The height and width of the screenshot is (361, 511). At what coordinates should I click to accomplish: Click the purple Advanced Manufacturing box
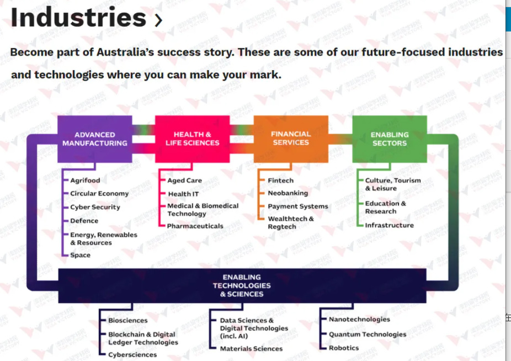point(95,139)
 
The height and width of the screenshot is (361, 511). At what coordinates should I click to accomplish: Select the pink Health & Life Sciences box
point(192,139)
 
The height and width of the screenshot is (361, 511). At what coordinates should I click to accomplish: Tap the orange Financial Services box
point(291,139)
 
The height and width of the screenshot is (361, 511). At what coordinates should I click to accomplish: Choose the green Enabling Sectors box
point(390,139)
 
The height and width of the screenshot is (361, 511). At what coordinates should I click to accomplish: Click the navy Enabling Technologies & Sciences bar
point(242,286)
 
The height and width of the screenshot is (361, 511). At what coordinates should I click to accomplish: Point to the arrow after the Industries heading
point(158,20)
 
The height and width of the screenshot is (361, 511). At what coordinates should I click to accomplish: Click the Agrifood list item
point(85,180)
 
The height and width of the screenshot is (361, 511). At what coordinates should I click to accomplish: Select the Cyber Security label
point(95,207)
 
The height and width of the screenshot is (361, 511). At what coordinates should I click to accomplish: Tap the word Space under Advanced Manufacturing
point(80,255)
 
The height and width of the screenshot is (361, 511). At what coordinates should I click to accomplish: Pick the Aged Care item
point(184,180)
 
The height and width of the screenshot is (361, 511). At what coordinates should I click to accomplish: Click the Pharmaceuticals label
point(195,226)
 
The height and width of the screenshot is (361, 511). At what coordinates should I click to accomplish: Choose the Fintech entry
point(280,180)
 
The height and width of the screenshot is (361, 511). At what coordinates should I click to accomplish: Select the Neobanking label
point(288,193)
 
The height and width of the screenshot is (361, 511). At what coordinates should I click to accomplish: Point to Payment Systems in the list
point(298,206)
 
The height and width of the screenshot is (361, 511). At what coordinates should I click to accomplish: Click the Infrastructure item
point(390,225)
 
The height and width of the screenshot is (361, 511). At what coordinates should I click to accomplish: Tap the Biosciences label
point(128,321)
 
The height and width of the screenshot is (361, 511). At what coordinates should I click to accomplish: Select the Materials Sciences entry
point(251,349)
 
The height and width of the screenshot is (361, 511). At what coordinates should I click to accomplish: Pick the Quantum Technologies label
point(368,335)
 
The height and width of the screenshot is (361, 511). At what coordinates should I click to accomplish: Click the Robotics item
point(344,348)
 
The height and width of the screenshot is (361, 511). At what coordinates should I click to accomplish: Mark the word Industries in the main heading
point(78,17)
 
